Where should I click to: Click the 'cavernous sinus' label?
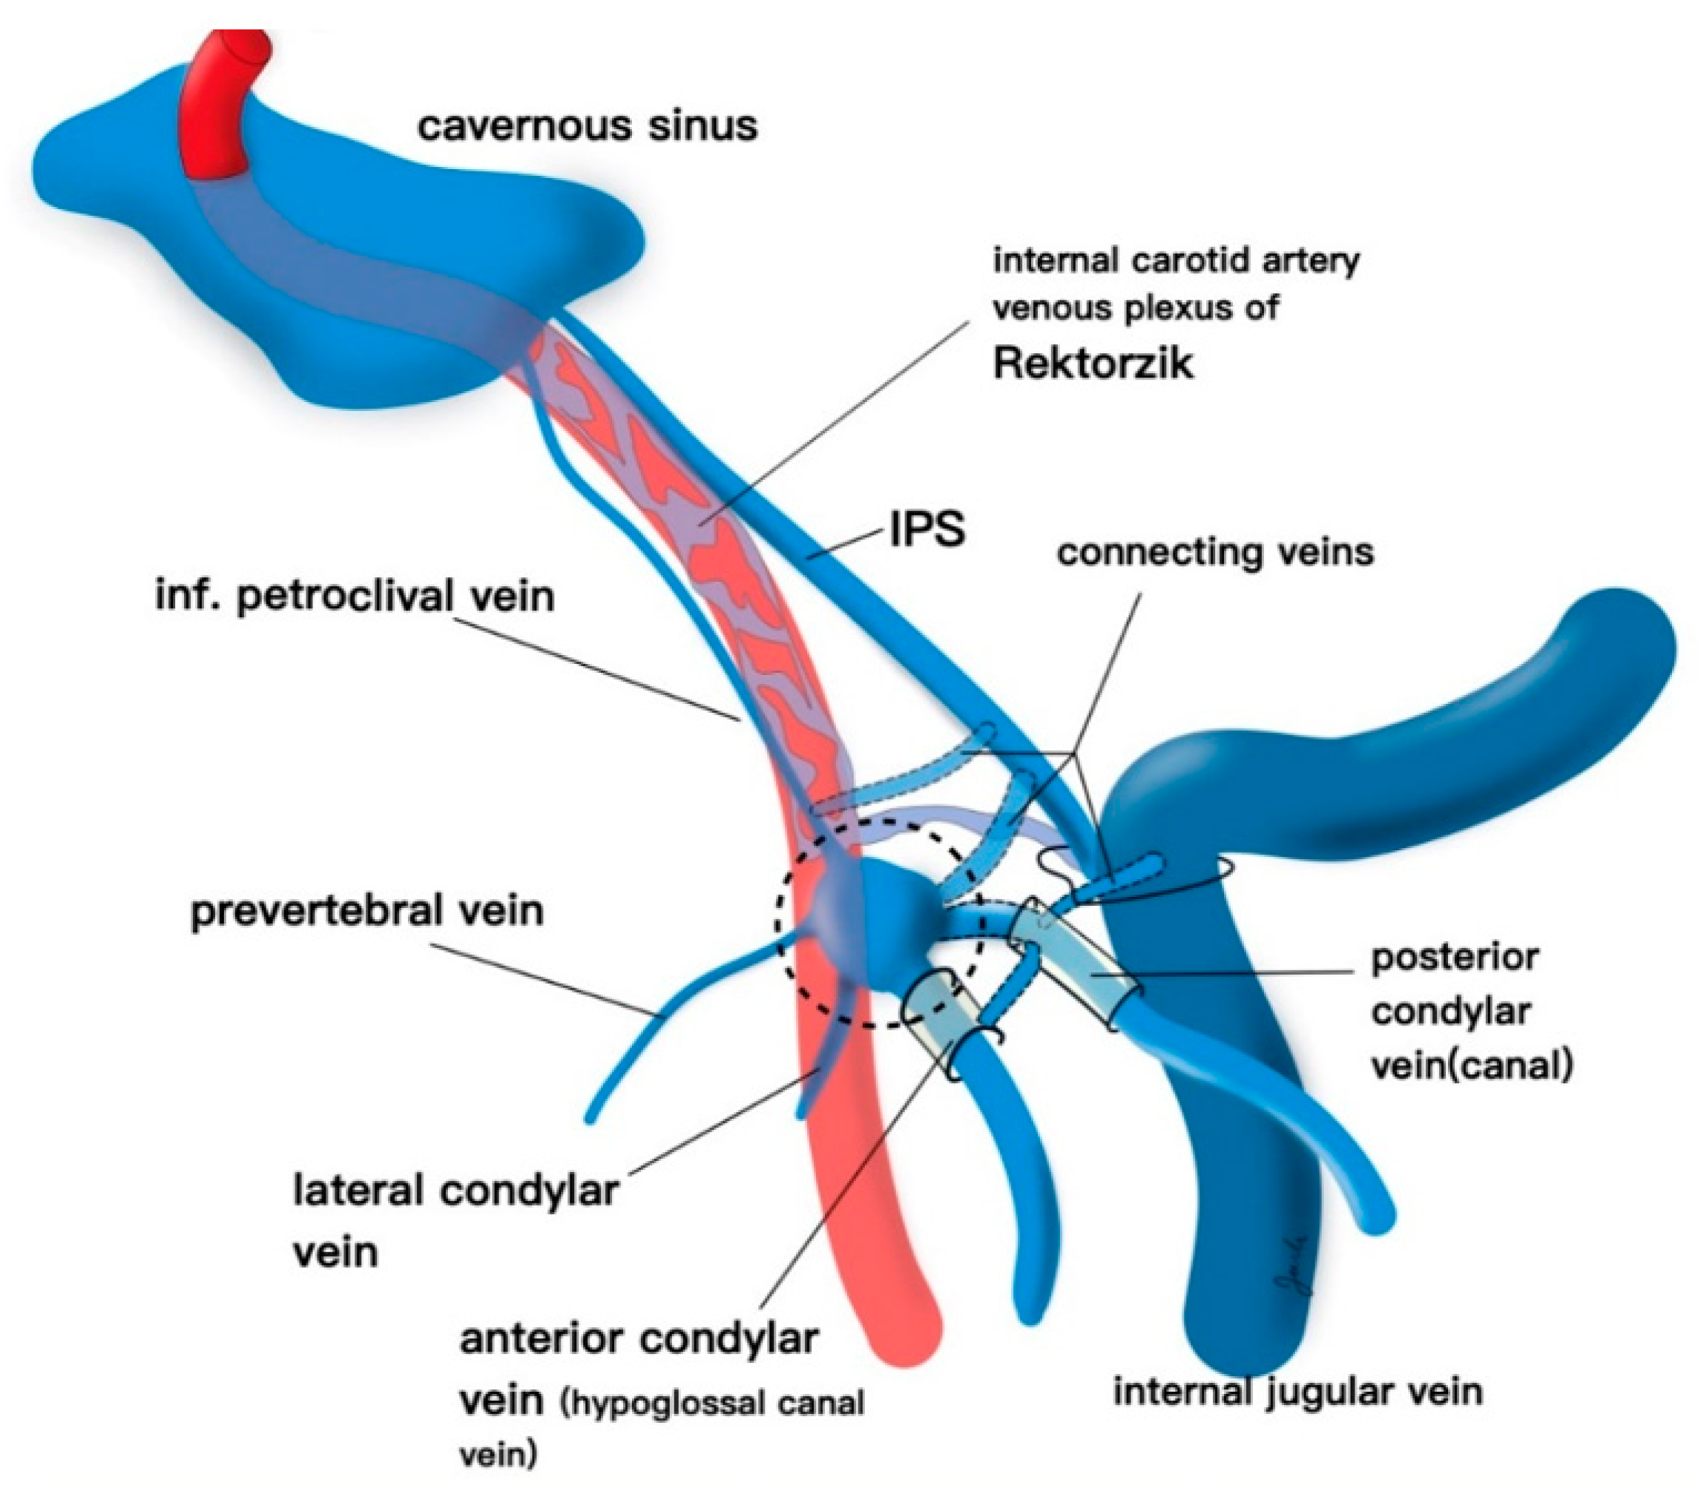[587, 126]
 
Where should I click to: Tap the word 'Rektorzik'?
[1092, 364]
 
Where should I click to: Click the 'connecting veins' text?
[1214, 552]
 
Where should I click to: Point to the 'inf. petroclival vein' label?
[354, 597]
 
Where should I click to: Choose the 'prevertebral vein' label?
[367, 910]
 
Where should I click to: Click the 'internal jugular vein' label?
[1298, 1391]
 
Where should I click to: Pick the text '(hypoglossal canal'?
[714, 1403]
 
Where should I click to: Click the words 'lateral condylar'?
[455, 1191]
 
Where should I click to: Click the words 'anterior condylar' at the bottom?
[638, 1340]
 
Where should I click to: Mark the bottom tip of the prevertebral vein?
[590, 1118]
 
